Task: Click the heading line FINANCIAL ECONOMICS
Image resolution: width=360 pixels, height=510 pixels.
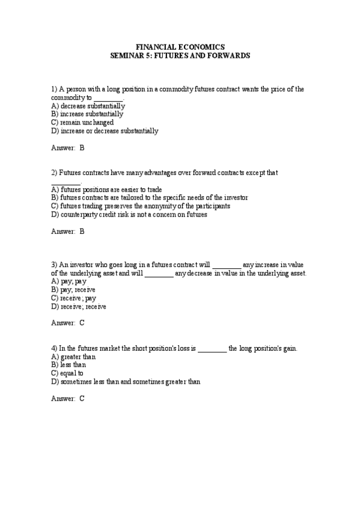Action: [180, 46]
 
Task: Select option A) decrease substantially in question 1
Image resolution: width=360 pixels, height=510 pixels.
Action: [88, 105]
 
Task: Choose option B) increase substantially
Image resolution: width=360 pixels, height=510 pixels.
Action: [87, 114]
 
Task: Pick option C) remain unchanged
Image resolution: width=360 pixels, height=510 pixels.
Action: [82, 122]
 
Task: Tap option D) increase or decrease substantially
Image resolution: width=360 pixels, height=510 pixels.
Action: [105, 131]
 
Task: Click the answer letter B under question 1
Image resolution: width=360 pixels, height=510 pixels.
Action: [82, 147]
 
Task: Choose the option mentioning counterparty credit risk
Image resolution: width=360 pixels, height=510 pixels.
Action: [129, 214]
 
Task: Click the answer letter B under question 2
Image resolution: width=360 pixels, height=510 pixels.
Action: [82, 231]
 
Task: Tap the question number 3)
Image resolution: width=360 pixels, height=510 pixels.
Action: [54, 264]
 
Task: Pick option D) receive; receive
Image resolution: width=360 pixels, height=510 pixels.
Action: [79, 306]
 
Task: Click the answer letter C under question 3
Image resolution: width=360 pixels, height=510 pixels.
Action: [82, 323]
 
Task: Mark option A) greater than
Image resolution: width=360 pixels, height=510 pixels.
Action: [74, 356]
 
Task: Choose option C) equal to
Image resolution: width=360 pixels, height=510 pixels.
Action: [67, 373]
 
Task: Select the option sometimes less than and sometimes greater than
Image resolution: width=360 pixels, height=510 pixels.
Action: [126, 381]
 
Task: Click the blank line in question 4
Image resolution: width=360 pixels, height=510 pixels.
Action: [212, 349]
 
